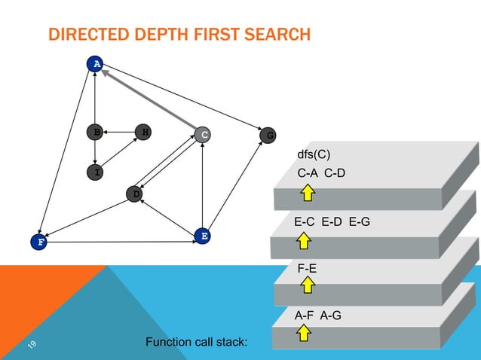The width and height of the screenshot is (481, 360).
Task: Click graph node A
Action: (x=94, y=64)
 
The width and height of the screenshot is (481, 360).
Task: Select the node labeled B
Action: (x=95, y=132)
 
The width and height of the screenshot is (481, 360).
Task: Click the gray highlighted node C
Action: (x=202, y=135)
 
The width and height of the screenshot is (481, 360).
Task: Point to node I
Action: (x=95, y=172)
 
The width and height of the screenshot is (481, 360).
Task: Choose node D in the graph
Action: (x=135, y=194)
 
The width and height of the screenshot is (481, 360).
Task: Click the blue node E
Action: (x=202, y=236)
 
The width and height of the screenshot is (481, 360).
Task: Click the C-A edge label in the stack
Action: (x=308, y=173)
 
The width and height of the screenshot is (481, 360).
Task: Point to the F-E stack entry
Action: (x=308, y=267)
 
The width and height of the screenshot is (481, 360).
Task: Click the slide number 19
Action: (x=32, y=345)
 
